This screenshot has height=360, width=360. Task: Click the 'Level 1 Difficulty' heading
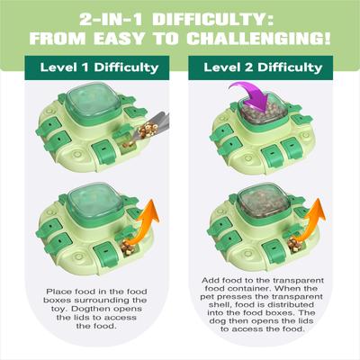[x=99, y=67]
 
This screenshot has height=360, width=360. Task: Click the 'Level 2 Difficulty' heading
[x=263, y=67]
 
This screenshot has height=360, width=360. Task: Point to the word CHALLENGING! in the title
[x=258, y=39]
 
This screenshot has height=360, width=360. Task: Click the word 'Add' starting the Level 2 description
[x=210, y=281]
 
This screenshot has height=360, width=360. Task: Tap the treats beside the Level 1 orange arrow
[x=128, y=247]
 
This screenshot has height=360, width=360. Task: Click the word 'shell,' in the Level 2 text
[x=220, y=305]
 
